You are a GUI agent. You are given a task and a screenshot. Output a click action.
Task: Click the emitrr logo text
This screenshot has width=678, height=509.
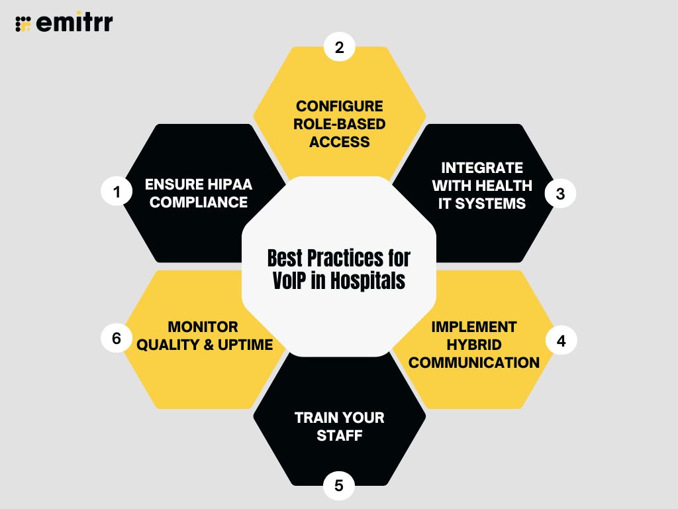tap(74, 22)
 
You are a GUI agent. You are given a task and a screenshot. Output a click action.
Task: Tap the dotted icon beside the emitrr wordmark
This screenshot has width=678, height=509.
tap(23, 24)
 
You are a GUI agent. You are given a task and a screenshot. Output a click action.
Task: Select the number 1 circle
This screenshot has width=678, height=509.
tap(117, 192)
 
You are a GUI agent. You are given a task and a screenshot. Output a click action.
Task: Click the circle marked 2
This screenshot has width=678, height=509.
tap(340, 47)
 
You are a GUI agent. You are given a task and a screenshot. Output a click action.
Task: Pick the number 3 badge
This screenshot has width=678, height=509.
tap(560, 193)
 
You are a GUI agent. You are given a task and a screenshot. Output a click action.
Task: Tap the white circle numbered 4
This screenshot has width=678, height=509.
tap(561, 341)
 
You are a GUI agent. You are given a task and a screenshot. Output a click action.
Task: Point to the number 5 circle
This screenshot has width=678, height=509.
tap(339, 485)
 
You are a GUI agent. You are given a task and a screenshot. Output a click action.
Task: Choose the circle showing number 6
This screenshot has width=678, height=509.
tap(117, 337)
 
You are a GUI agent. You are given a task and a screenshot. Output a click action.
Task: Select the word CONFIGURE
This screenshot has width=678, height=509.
tap(340, 106)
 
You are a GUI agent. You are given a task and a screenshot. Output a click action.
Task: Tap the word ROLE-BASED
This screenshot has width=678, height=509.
tap(340, 124)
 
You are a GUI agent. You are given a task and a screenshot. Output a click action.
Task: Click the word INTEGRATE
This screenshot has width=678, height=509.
tap(482, 168)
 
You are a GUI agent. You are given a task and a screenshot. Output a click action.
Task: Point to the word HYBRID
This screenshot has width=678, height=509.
tap(474, 345)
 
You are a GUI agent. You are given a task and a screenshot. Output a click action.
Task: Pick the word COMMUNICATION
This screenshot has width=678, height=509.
tap(474, 363)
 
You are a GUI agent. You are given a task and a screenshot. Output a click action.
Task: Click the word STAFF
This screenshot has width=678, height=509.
tap(340, 435)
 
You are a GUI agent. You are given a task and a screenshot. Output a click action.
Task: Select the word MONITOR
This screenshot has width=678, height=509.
tap(203, 327)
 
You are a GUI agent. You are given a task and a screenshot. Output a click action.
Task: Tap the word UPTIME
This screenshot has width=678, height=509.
tap(246, 345)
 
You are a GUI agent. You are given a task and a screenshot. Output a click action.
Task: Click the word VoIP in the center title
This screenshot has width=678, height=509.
tap(289, 280)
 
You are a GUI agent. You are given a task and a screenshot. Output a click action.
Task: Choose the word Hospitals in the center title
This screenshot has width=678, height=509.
tap(368, 280)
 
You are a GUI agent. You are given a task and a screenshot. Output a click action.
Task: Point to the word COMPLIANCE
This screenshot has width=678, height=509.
tap(199, 202)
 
